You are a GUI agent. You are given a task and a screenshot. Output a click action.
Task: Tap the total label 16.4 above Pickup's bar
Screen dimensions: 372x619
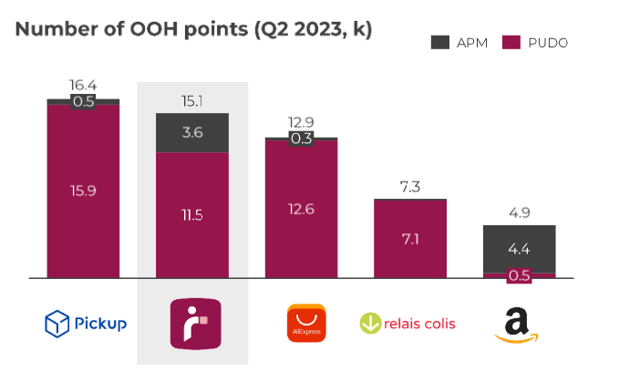click(83, 85)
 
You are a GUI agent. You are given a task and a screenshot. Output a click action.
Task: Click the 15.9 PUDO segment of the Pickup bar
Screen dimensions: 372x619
click(83, 191)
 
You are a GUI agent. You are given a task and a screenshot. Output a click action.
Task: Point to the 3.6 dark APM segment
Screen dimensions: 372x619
click(191, 132)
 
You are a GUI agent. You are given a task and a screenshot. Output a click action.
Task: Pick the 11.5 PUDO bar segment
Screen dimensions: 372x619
click(191, 215)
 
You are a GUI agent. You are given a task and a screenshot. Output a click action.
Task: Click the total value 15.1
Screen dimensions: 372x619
click(191, 99)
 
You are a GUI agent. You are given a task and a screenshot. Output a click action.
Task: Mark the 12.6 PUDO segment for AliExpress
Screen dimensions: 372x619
click(301, 209)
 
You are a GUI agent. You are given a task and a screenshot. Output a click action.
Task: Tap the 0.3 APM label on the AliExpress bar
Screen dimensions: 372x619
click(301, 139)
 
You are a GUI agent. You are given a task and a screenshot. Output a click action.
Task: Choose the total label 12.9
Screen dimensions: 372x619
click(301, 122)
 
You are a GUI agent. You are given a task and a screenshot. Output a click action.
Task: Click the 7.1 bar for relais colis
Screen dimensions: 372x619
click(409, 239)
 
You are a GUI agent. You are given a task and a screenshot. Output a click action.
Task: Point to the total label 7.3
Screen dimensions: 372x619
click(409, 186)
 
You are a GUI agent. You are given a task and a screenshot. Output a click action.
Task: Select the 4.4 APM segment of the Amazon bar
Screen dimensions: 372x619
click(519, 248)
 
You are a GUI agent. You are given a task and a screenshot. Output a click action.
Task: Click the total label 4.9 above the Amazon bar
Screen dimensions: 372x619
click(519, 212)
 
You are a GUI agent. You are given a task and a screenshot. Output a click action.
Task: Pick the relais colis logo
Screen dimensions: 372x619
click(408, 324)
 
